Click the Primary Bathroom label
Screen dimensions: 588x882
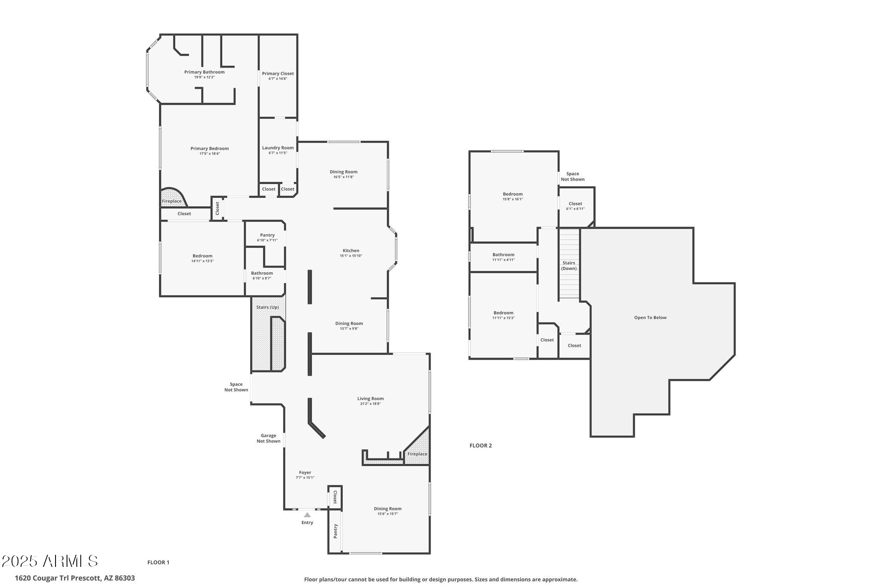(x=204, y=72)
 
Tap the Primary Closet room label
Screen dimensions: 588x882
(x=278, y=74)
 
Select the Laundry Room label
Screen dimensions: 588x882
(x=278, y=148)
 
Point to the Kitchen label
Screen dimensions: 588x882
(x=351, y=251)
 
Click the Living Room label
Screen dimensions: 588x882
(x=370, y=398)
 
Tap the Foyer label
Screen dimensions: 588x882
(x=305, y=473)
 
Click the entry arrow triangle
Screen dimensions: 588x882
(x=307, y=515)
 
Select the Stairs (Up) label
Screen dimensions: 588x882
(x=267, y=307)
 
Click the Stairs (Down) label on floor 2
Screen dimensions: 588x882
(x=568, y=265)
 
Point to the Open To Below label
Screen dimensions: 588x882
(x=650, y=317)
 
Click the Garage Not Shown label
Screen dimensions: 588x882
(x=268, y=438)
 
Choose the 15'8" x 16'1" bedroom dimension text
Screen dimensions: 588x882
(x=512, y=199)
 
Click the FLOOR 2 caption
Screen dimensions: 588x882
(x=480, y=445)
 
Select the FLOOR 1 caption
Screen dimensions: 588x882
(x=158, y=562)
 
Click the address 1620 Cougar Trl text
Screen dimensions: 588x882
(x=75, y=578)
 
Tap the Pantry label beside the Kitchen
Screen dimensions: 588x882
(x=267, y=235)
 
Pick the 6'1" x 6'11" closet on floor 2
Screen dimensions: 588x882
(x=575, y=206)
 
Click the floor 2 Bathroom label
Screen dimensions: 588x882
(x=503, y=255)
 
